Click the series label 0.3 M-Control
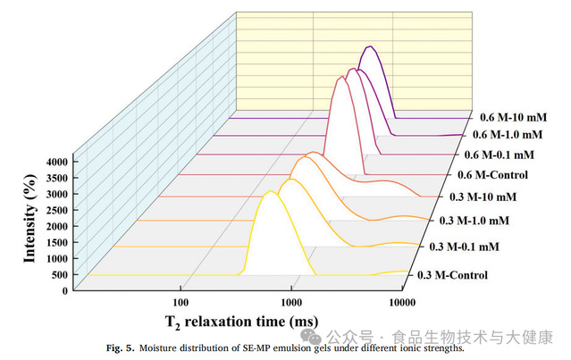(453, 274)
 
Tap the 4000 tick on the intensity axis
(55, 162)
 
